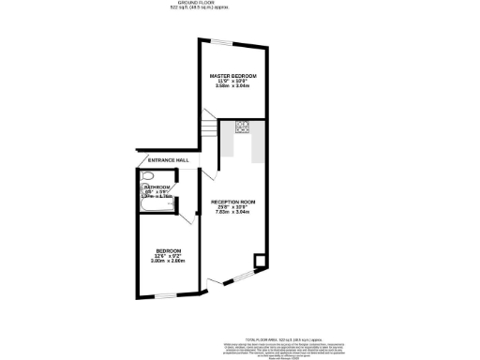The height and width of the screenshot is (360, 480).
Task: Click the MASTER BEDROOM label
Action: coord(233,75)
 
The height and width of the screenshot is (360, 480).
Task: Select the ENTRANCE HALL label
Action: coord(169,160)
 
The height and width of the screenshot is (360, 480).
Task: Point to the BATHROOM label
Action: coord(157,187)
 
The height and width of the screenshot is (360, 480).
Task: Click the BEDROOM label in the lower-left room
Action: coord(169,251)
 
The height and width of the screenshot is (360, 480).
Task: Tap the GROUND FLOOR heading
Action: coord(240,4)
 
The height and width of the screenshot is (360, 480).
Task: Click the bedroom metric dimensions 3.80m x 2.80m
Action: coord(169,262)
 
